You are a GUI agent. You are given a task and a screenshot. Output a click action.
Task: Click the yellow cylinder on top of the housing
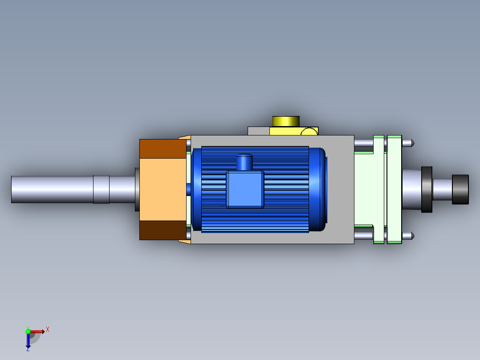click(285, 121)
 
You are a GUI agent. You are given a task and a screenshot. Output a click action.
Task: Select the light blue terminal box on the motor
click(245, 189)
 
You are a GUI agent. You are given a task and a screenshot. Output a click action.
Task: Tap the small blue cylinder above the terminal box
click(244, 162)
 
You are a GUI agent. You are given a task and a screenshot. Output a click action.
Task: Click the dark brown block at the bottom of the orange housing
click(163, 230)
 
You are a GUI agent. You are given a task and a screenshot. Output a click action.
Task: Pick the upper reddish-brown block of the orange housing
click(163, 149)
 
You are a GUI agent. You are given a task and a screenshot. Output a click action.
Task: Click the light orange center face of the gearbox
click(163, 189)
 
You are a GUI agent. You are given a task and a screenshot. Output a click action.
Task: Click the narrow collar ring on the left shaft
click(102, 189)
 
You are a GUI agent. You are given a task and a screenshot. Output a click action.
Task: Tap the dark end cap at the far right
click(460, 189)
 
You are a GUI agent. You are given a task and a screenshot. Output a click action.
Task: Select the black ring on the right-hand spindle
click(427, 189)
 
